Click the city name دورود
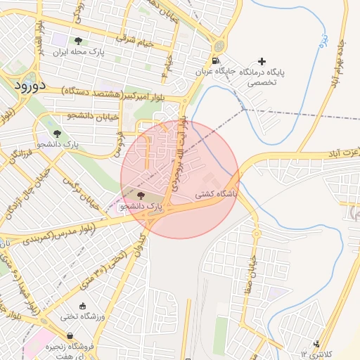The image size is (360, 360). pos(29,86)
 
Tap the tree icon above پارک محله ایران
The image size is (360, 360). pos(77,41)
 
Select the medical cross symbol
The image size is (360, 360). pos(262,62)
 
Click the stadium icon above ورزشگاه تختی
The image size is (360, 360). pos(83,306)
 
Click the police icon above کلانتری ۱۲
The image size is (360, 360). pos(320,344)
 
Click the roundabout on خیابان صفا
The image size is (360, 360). pos(257,233)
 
